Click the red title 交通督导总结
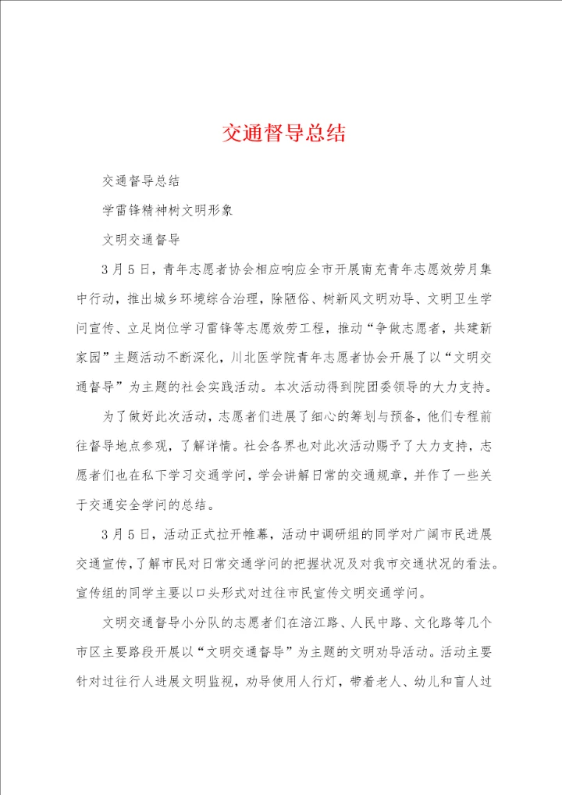(x=283, y=134)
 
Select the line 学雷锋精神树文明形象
(x=167, y=210)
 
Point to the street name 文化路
(x=448, y=626)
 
